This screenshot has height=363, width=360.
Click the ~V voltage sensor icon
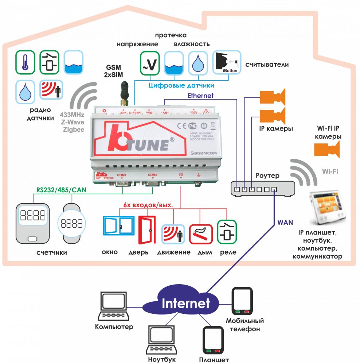(x=150, y=63)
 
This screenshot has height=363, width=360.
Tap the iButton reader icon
(x=227, y=63)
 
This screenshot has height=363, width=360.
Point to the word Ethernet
(x=200, y=96)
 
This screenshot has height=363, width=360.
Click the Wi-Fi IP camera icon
(x=327, y=149)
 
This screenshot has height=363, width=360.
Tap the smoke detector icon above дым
(x=200, y=234)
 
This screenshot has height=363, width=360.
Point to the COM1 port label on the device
(x=121, y=175)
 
